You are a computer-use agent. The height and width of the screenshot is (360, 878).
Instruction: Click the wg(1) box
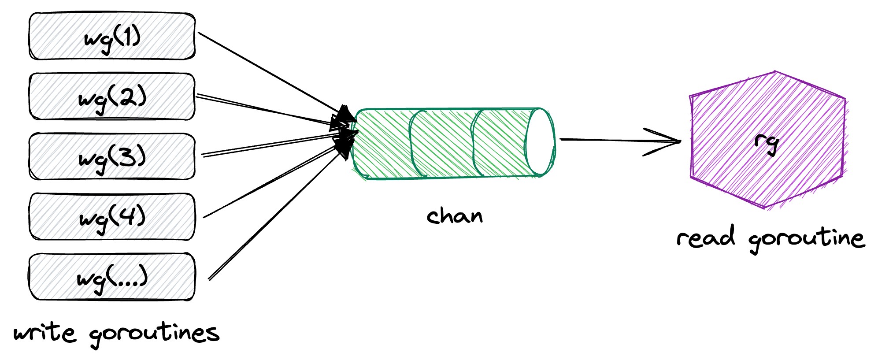click(112, 36)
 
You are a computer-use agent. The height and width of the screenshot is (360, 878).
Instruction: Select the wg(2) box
click(112, 96)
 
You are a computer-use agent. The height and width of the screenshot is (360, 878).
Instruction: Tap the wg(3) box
click(112, 156)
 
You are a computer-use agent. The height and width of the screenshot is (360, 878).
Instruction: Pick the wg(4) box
click(112, 217)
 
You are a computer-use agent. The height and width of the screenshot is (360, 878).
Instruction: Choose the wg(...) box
click(112, 277)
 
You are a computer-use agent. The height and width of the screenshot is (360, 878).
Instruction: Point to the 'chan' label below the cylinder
click(455, 216)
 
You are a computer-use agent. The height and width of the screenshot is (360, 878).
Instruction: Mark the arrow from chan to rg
click(617, 140)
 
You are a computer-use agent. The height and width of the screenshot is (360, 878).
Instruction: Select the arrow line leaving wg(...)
click(273, 216)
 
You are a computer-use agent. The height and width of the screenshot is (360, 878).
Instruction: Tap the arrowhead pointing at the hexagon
click(665, 141)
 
